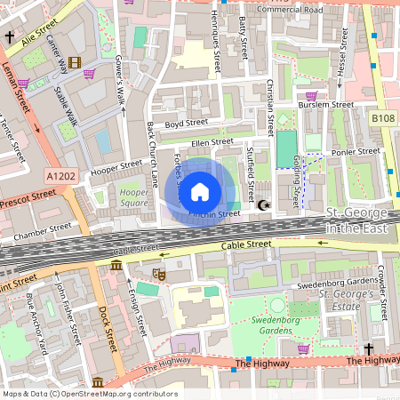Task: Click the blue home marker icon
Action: (200, 190)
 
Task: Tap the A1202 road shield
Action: (61, 176)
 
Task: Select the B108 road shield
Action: (382, 117)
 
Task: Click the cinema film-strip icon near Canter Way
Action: (73, 62)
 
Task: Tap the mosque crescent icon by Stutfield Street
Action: (263, 205)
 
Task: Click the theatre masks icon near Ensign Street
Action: (158, 275)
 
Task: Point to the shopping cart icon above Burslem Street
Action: (311, 96)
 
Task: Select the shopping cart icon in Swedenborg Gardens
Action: (303, 348)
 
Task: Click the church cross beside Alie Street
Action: (10, 38)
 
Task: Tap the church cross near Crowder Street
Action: (367, 349)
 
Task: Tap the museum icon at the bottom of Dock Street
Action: (97, 382)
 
